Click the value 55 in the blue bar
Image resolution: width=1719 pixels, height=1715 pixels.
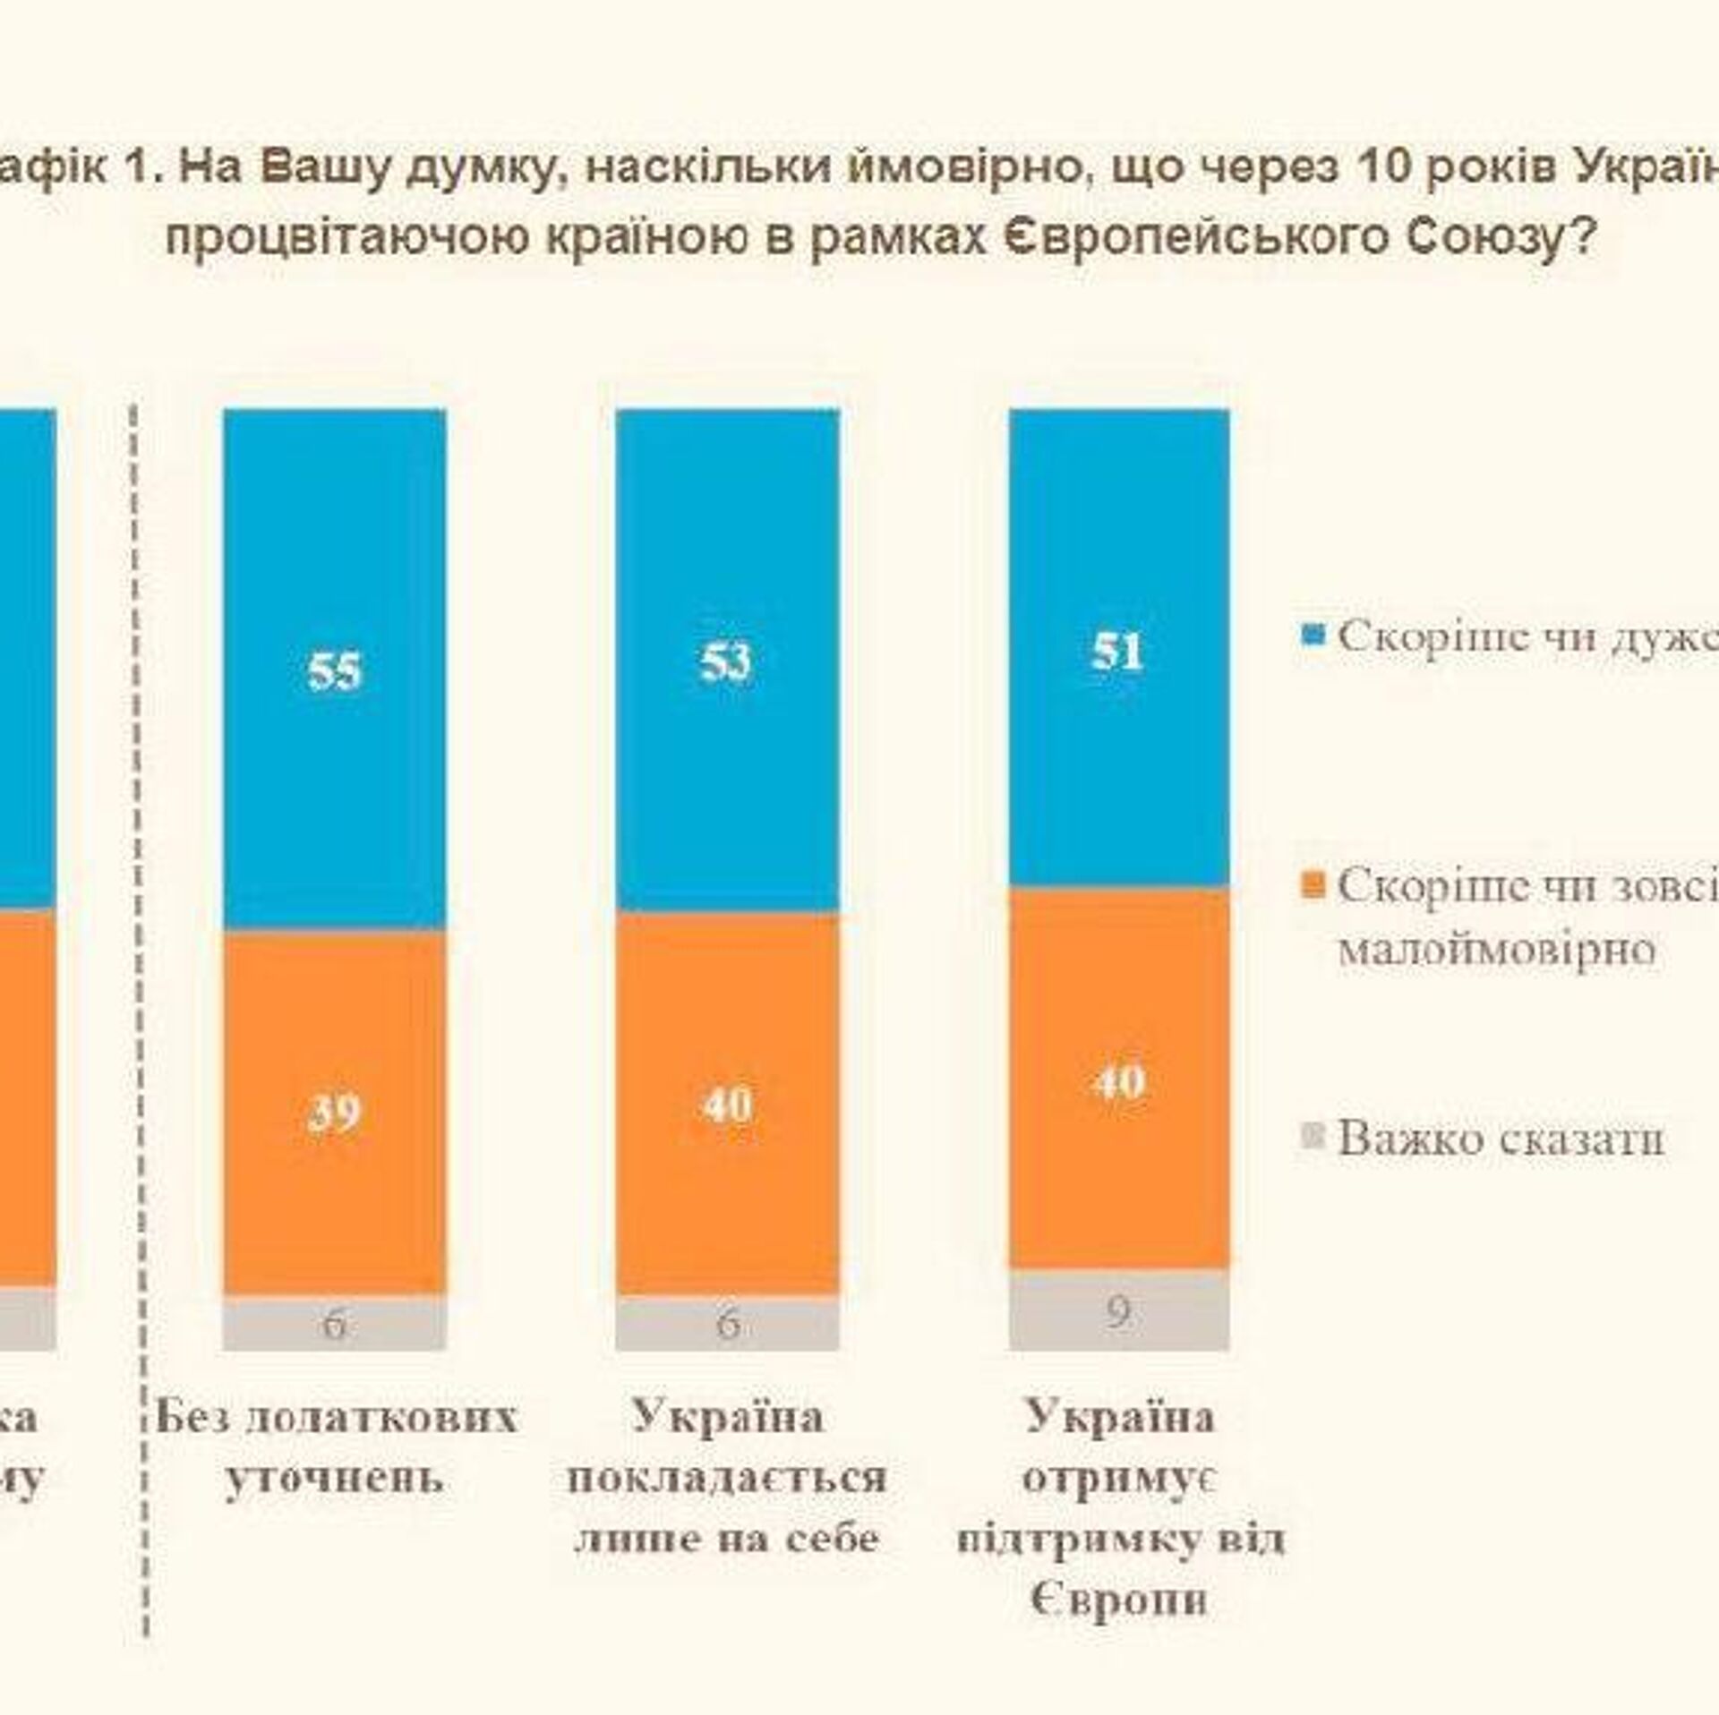pos(334,670)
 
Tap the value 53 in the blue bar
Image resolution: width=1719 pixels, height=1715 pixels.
pos(726,661)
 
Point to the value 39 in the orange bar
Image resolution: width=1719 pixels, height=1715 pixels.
pos(333,1113)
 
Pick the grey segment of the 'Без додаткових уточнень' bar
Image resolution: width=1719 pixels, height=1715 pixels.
pos(334,1322)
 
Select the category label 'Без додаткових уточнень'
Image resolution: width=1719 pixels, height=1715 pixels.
pos(335,1447)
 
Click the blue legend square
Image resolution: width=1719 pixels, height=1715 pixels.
pos(1313,636)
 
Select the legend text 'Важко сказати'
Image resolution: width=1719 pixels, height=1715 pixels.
pos(1501,1139)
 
